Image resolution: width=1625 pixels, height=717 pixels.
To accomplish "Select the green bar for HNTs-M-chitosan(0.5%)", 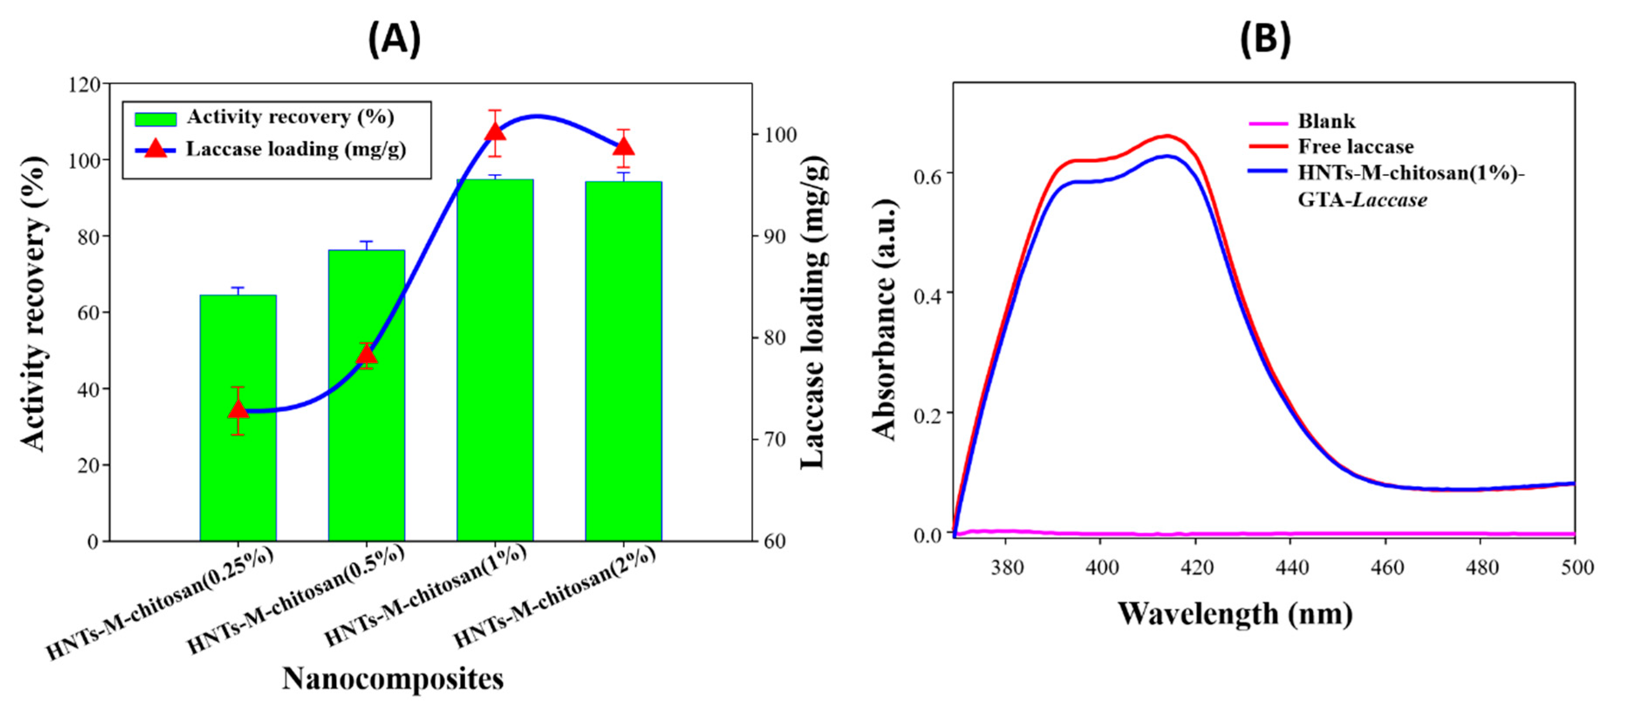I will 367,442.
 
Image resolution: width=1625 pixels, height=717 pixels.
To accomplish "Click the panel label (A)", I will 394,39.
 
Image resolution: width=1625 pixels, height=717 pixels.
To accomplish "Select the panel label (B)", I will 1265,39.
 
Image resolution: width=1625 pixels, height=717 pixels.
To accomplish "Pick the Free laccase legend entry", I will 1355,147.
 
